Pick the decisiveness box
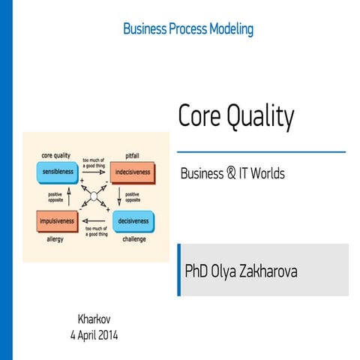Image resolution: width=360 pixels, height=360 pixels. click(x=132, y=221)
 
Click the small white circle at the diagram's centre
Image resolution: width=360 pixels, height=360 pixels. click(x=94, y=197)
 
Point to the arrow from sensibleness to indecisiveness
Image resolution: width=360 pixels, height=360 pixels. click(x=94, y=170)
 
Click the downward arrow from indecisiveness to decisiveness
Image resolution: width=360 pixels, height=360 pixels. click(x=119, y=197)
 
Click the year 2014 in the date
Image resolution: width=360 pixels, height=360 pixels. click(x=106, y=334)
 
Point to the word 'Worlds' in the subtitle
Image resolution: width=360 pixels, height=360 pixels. click(x=268, y=173)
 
